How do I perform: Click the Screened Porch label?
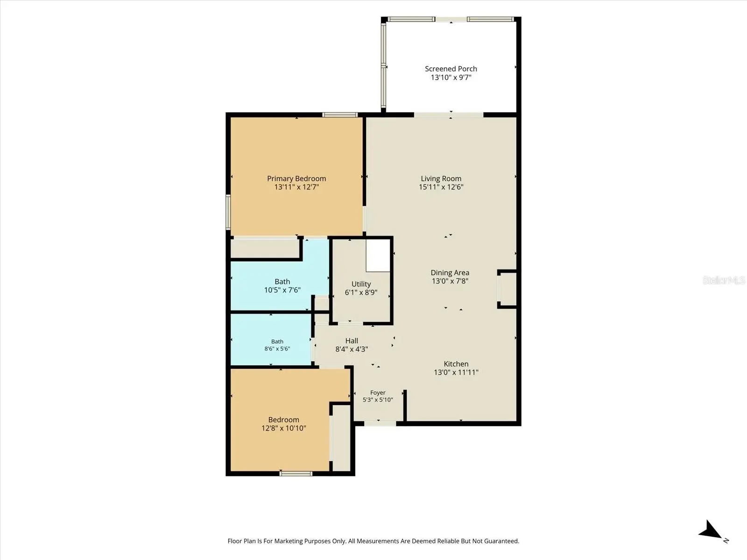pyautogui.click(x=451, y=69)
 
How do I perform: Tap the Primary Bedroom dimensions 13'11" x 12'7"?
pyautogui.click(x=296, y=187)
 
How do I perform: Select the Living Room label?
pyautogui.click(x=441, y=179)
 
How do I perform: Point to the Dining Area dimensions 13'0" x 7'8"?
pyautogui.click(x=450, y=281)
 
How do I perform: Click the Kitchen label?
pyautogui.click(x=456, y=364)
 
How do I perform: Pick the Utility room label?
pyautogui.click(x=361, y=284)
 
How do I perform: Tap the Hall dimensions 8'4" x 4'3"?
pyautogui.click(x=352, y=349)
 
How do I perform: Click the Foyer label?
pyautogui.click(x=378, y=393)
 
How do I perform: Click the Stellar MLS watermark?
pyautogui.click(x=724, y=280)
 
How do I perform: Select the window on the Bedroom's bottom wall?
pyautogui.click(x=296, y=474)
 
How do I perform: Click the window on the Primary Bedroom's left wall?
pyautogui.click(x=228, y=212)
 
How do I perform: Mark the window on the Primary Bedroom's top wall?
pyautogui.click(x=339, y=115)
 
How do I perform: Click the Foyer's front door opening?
pyautogui.click(x=380, y=424)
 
